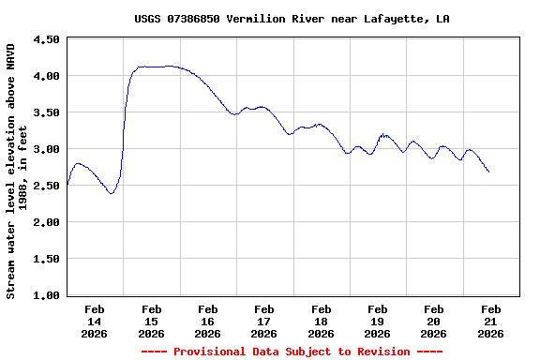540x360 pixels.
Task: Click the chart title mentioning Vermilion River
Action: pyautogui.click(x=292, y=19)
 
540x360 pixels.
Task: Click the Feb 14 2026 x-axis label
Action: pyautogui.click(x=95, y=321)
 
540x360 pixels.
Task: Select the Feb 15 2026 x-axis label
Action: pyautogui.click(x=151, y=321)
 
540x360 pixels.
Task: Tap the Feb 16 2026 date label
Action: pyautogui.click(x=208, y=321)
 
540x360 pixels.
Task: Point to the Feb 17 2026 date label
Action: pyautogui.click(x=264, y=321)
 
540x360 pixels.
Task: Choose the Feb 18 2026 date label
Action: pyautogui.click(x=321, y=321)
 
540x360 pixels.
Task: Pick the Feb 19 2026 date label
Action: pyautogui.click(x=378, y=321)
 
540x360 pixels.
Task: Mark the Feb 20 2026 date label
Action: pyautogui.click(x=434, y=321)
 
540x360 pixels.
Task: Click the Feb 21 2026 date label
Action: pyautogui.click(x=490, y=321)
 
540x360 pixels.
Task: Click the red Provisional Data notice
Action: pyautogui.click(x=292, y=352)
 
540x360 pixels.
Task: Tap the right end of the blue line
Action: pyautogui.click(x=488, y=172)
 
